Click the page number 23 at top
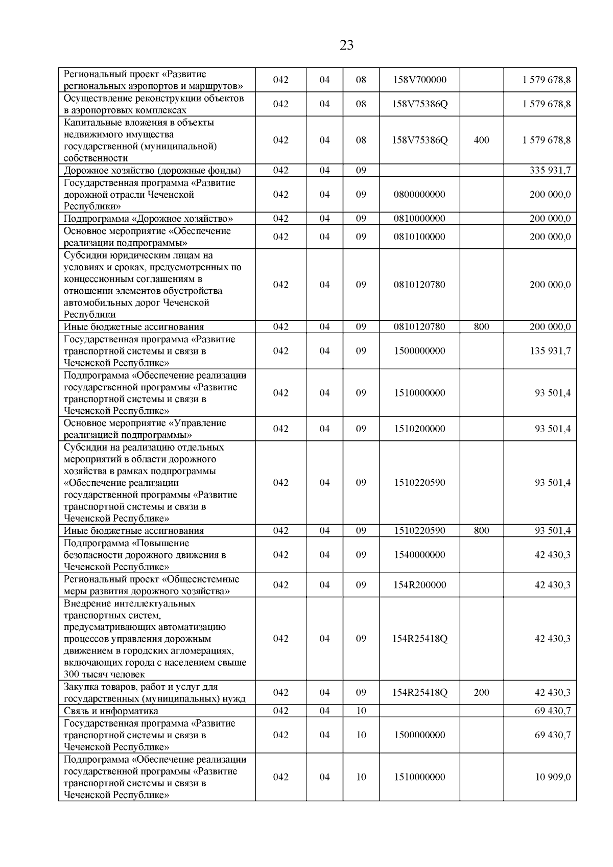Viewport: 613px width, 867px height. click(346, 45)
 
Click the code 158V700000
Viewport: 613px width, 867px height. click(419, 80)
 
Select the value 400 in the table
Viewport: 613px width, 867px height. click(481, 140)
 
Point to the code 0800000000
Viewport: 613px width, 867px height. click(419, 194)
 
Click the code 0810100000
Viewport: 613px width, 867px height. click(419, 237)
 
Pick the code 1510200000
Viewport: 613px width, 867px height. click(419, 429)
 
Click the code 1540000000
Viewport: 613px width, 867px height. click(419, 555)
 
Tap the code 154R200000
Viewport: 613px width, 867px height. click(419, 585)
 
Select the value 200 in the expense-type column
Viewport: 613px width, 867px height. click(481, 693)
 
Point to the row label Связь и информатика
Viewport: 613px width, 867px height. click(111, 711)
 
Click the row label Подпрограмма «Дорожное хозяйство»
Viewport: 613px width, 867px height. click(148, 219)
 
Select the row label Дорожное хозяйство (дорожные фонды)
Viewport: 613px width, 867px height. click(152, 171)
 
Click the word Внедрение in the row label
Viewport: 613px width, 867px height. click(86, 603)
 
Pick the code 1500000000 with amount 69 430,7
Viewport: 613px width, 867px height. click(419, 735)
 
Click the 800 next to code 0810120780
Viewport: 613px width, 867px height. click(481, 327)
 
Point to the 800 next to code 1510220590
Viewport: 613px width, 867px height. click(481, 531)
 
